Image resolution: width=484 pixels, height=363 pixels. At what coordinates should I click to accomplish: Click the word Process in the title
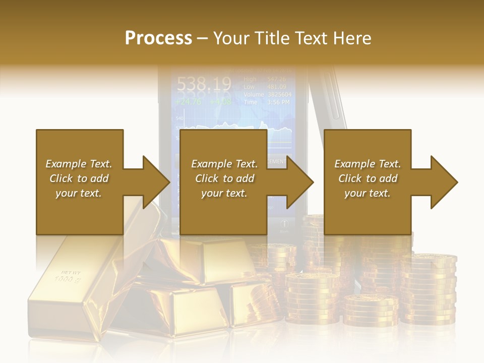click(158, 38)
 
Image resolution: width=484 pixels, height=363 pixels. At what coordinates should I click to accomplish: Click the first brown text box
click(79, 182)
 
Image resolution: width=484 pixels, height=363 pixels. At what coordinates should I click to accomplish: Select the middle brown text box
click(223, 182)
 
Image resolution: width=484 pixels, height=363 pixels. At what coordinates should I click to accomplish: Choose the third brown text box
click(367, 182)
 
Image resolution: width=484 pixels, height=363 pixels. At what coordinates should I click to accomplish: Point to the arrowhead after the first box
click(156, 182)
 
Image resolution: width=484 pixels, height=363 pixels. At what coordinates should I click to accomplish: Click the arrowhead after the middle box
click(300, 182)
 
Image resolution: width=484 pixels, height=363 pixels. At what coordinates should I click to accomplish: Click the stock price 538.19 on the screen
click(204, 83)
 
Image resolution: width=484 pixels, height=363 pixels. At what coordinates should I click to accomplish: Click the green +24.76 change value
click(188, 101)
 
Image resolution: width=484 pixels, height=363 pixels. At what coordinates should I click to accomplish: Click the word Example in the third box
click(354, 164)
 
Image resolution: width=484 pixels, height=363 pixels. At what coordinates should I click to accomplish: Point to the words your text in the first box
click(79, 193)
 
